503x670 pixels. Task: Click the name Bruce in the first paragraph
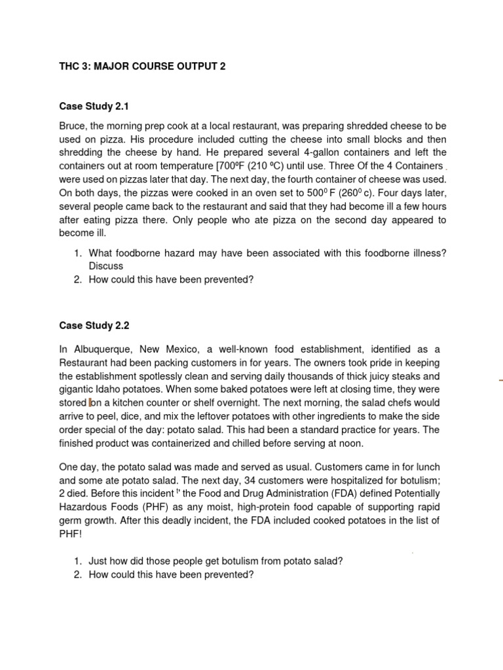[73, 126]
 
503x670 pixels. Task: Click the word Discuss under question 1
[106, 266]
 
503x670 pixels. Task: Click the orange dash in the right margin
[500, 379]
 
